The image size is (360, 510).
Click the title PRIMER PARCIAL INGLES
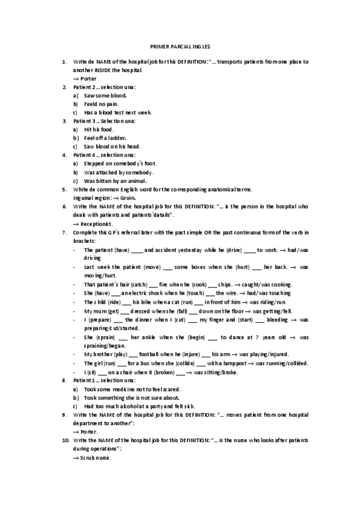[x=180, y=46]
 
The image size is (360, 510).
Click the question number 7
[x=64, y=232]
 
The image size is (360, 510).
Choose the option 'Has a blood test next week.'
[x=118, y=112]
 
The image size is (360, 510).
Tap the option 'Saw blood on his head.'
[x=112, y=146]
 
